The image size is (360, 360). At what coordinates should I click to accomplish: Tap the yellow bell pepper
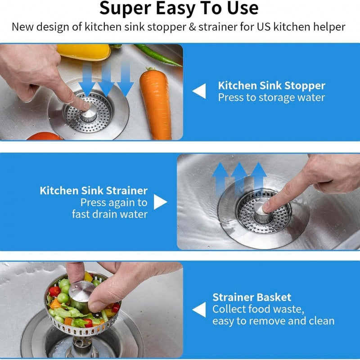(84, 52)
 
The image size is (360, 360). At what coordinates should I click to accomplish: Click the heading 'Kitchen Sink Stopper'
(272, 85)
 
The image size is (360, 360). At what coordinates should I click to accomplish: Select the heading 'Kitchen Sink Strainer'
(94, 190)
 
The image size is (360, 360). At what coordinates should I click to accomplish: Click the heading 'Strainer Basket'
(252, 297)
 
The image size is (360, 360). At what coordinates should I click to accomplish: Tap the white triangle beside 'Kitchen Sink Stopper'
(199, 91)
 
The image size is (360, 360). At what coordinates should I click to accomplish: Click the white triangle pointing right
(161, 202)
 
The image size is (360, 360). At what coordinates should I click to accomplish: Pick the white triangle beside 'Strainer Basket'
(199, 310)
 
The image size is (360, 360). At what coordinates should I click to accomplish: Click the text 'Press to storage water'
(271, 98)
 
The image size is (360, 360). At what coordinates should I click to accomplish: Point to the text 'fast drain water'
(110, 214)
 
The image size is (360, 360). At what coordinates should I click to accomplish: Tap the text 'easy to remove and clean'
(274, 321)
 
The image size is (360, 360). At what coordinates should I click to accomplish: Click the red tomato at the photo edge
(45, 136)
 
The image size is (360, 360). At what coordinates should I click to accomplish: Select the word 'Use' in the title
(243, 8)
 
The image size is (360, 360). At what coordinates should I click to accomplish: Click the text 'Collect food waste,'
(258, 309)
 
